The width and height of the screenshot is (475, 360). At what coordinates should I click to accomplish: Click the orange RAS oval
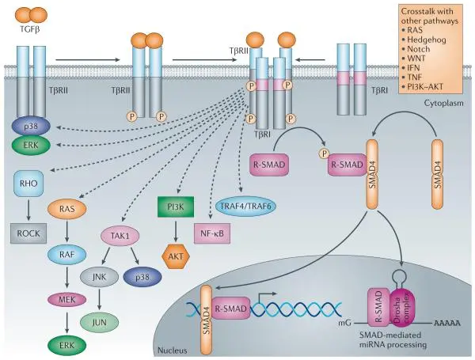tap(66, 210)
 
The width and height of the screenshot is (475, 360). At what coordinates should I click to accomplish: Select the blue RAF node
tap(66, 254)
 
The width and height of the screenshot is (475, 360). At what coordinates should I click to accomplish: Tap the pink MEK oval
tap(66, 299)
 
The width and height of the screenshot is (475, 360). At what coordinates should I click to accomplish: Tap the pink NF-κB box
tap(214, 235)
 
